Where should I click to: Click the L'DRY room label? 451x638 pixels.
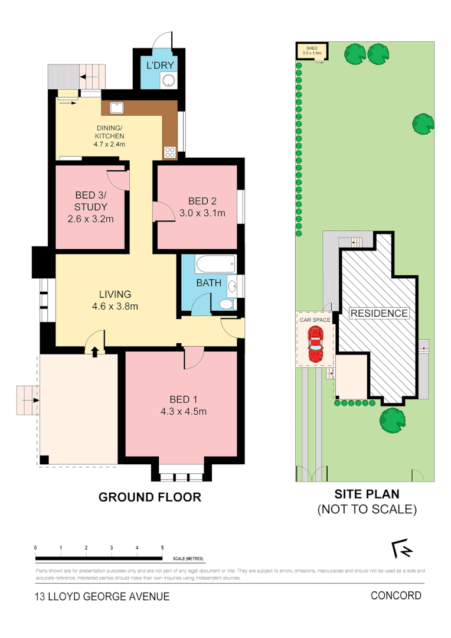(x=158, y=64)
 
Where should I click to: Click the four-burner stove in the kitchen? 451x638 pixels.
(x=170, y=152)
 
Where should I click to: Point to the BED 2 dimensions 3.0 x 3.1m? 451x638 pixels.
(x=202, y=213)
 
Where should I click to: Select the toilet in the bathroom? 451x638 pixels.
(x=225, y=304)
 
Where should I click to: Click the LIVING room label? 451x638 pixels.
(x=115, y=294)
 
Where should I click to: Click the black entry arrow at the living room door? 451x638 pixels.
(x=95, y=351)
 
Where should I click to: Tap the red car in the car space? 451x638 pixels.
(x=315, y=346)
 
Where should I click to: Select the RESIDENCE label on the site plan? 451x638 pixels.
(x=379, y=314)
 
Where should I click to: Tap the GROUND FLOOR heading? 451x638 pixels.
(x=149, y=497)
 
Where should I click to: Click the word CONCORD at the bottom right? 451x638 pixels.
(x=396, y=595)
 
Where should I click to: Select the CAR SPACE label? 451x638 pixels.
(x=314, y=320)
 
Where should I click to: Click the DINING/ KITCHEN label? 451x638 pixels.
(x=109, y=135)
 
